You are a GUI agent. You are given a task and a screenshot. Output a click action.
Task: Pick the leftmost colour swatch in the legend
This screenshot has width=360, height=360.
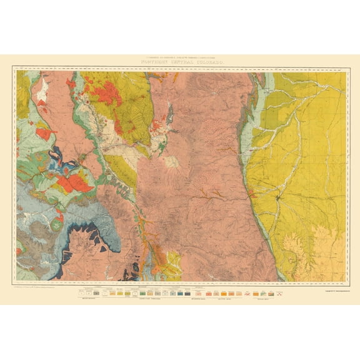pyautogui.click(x=81, y=292)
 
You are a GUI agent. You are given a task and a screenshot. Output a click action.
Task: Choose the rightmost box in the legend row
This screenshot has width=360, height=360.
pyautogui.click(x=278, y=292)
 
